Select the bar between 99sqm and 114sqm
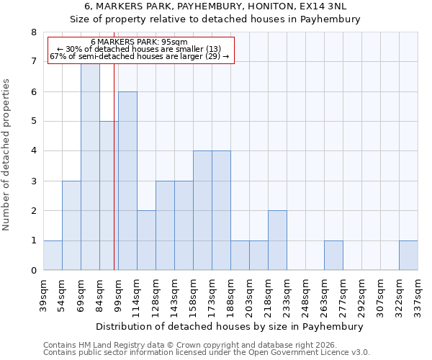(x=127, y=181)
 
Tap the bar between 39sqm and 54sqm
(x=53, y=256)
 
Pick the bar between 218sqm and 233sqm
(x=277, y=240)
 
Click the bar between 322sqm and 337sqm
(x=408, y=256)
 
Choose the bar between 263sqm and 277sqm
(x=333, y=256)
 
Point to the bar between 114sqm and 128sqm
(x=146, y=240)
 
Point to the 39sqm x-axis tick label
(x=43, y=295)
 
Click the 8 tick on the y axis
(x=33, y=32)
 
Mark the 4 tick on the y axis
(x=33, y=151)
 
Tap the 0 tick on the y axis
(x=33, y=271)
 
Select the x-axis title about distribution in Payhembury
(x=230, y=326)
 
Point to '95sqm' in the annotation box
(x=175, y=42)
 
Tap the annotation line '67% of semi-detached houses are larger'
(x=139, y=56)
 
